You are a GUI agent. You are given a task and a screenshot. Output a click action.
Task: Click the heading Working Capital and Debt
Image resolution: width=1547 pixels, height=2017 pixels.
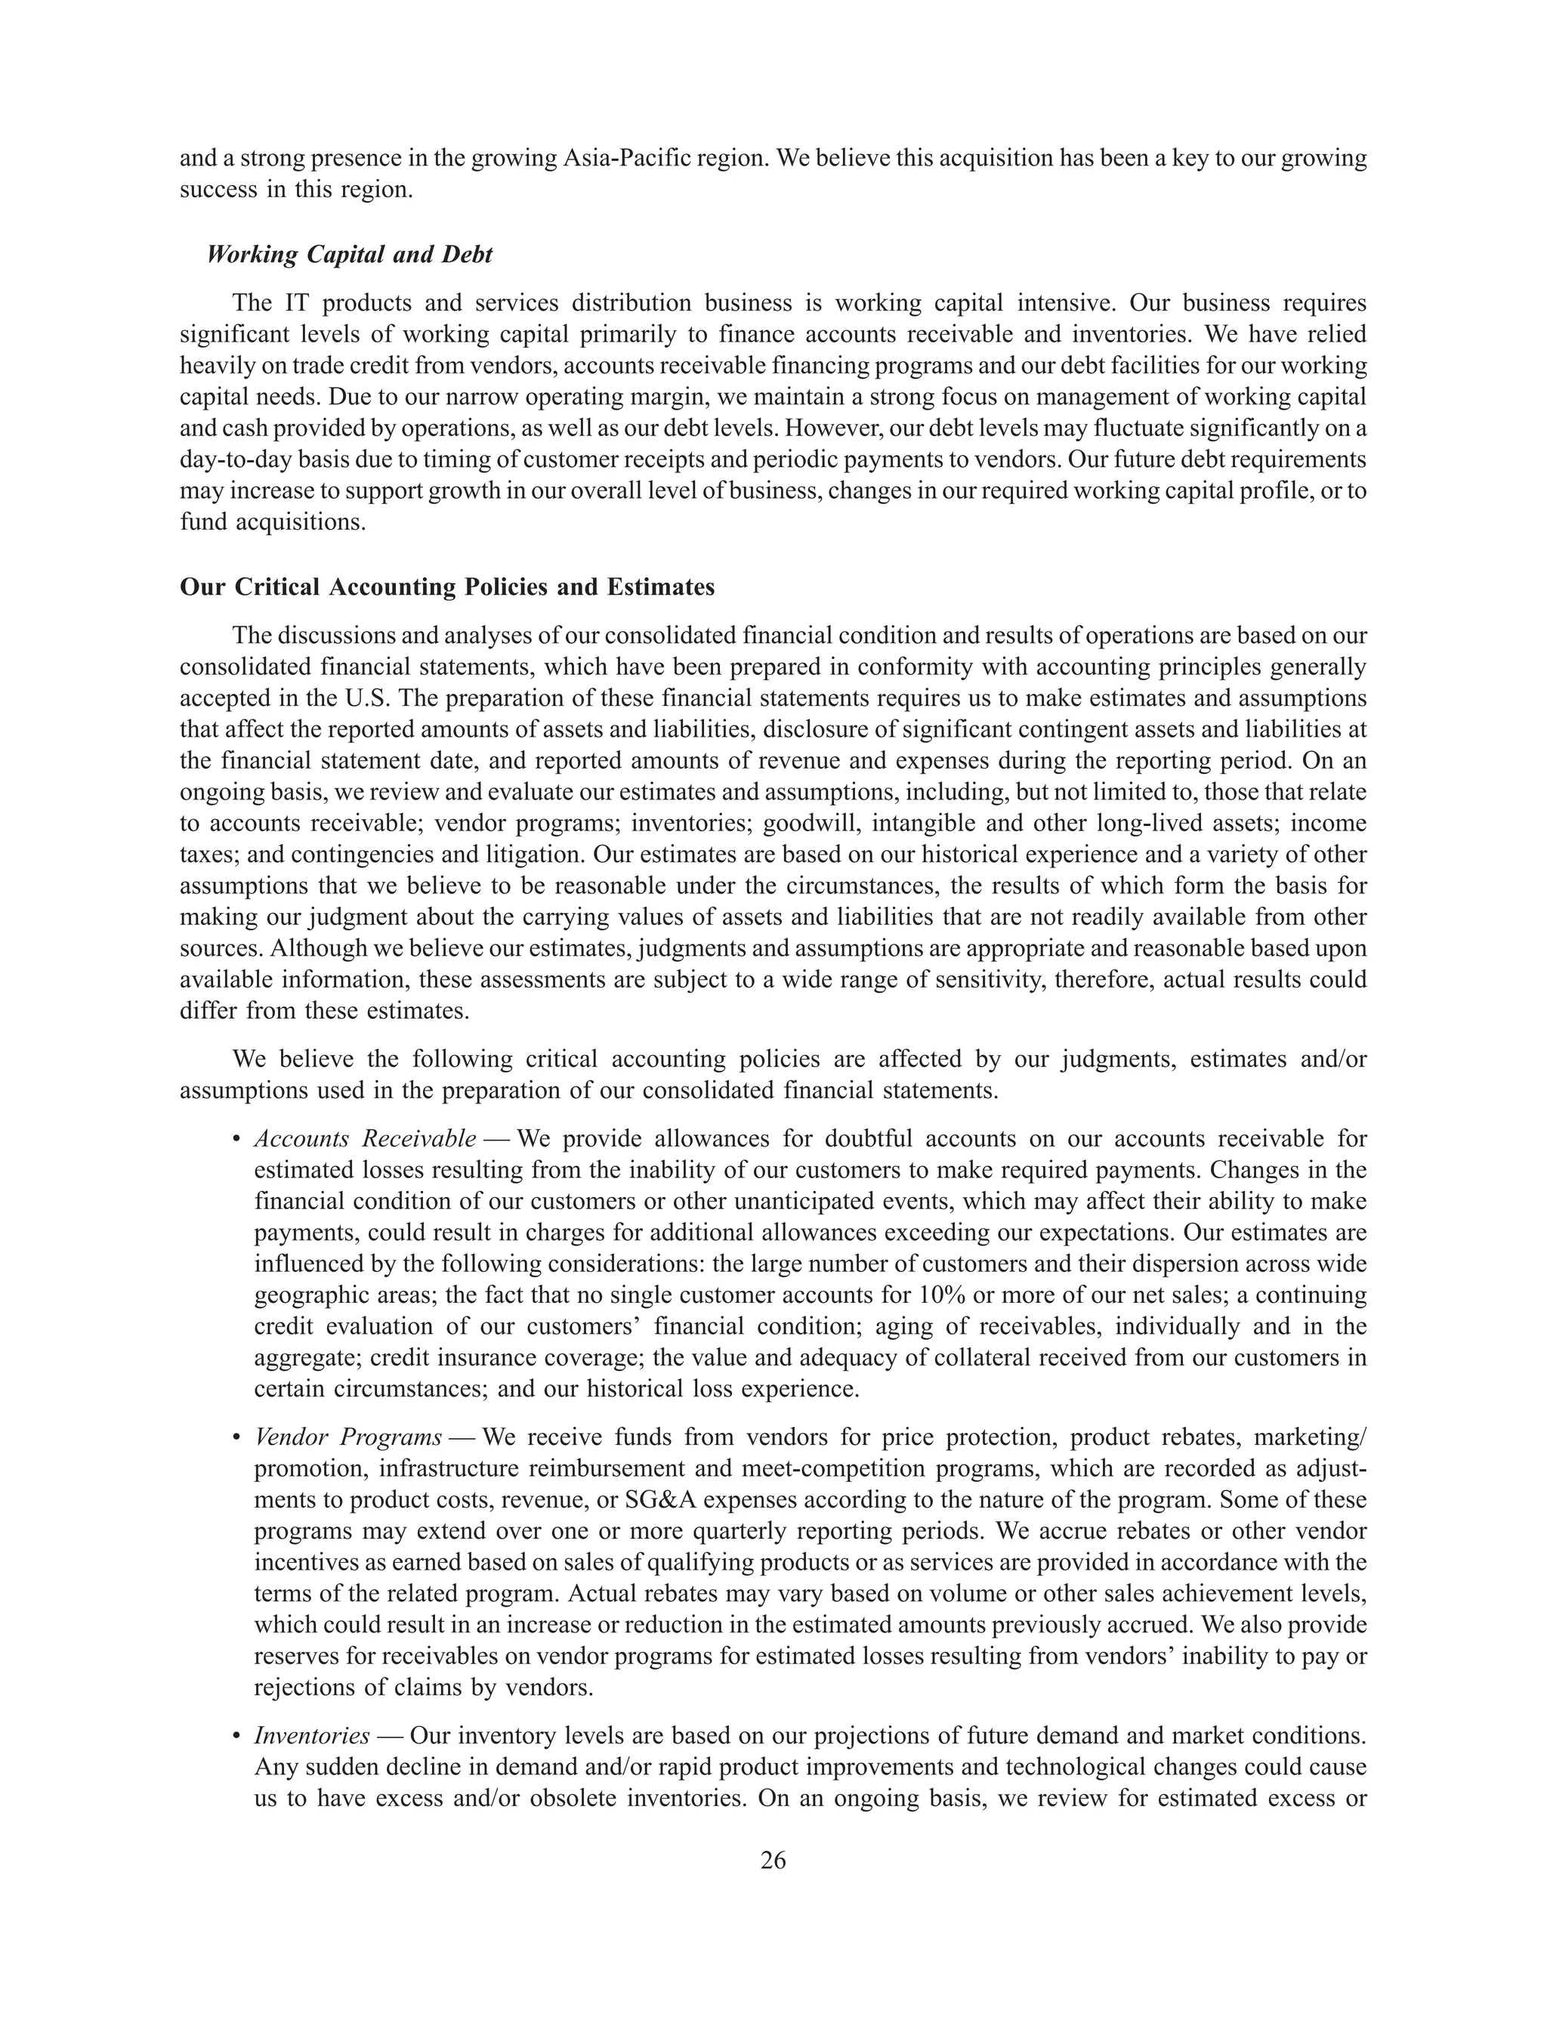click(349, 255)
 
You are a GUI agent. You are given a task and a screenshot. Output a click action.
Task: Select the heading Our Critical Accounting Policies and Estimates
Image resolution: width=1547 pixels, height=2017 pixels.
click(447, 588)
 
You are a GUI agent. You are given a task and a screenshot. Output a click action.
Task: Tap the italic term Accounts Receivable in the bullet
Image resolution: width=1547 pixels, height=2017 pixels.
click(365, 1140)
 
